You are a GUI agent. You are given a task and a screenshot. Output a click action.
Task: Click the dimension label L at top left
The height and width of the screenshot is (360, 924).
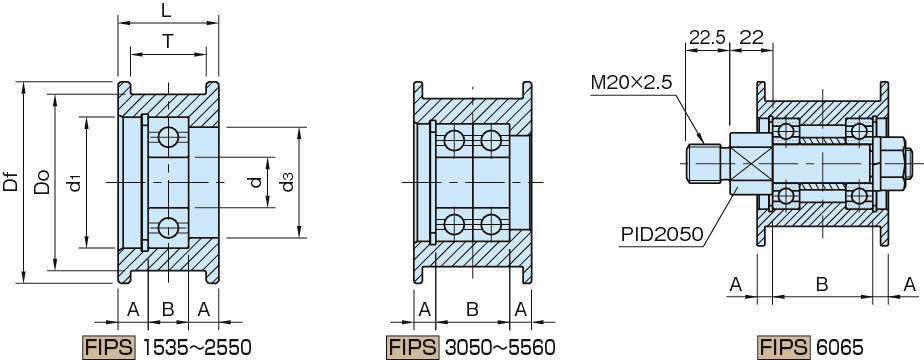(168, 10)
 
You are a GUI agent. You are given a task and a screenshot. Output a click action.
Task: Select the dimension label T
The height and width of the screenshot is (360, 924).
(168, 41)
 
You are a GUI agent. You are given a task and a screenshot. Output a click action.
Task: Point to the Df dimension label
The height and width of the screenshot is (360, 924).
(11, 181)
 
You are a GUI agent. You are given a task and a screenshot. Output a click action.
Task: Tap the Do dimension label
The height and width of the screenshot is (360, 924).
(41, 182)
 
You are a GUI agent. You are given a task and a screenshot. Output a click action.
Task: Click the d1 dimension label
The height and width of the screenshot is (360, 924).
(74, 182)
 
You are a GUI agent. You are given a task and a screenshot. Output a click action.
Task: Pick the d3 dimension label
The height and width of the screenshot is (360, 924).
(287, 182)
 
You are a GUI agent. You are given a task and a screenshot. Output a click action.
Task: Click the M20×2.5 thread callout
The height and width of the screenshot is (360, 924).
(631, 82)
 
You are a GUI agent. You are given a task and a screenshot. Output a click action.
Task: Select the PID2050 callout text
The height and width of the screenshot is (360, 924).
(662, 235)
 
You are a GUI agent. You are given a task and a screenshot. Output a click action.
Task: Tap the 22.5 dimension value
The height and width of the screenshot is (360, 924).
(707, 38)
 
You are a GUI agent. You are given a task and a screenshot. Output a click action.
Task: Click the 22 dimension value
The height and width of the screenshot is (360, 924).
(751, 38)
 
